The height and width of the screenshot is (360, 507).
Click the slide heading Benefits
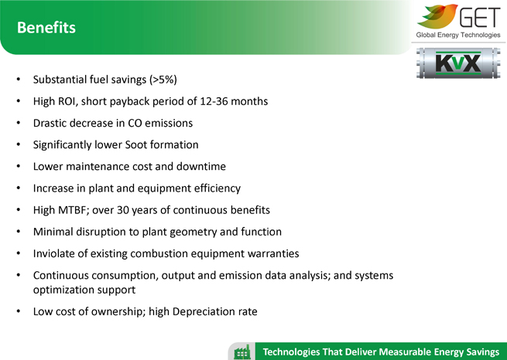click(46, 27)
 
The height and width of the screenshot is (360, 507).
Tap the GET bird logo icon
click(437, 15)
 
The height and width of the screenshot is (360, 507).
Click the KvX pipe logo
click(458, 63)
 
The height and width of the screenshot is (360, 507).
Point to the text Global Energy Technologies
click(458, 35)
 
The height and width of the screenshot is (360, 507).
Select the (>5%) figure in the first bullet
click(163, 80)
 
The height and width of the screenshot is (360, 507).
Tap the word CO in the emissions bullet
click(135, 124)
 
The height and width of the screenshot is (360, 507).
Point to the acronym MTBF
click(74, 210)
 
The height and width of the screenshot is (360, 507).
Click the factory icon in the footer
click(242, 352)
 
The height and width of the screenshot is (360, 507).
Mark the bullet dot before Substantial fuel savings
click(19, 80)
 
